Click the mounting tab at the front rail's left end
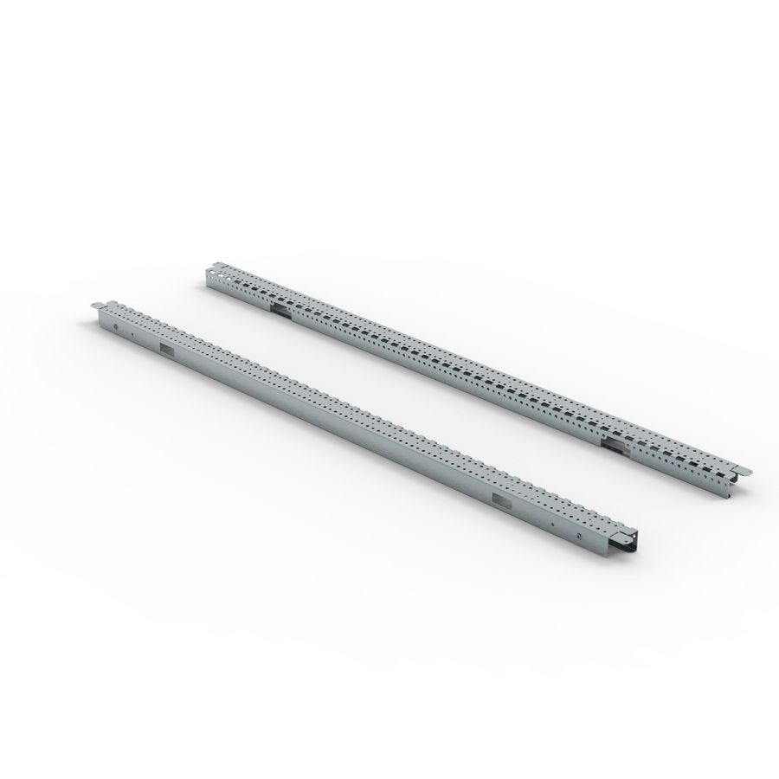tap(99, 305)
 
